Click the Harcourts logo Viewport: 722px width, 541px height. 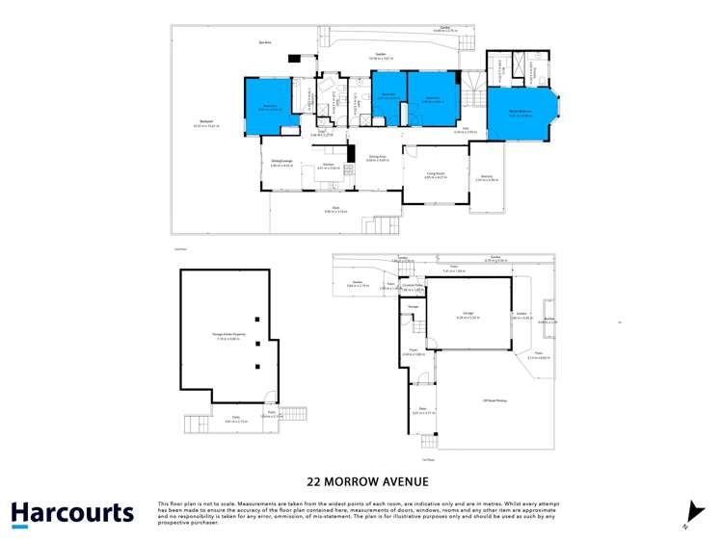(72, 513)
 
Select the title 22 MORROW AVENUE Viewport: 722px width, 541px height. (361, 481)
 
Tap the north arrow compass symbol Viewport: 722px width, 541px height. (696, 512)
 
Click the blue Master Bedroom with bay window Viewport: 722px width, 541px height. (521, 113)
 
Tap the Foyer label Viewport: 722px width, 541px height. (411, 353)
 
